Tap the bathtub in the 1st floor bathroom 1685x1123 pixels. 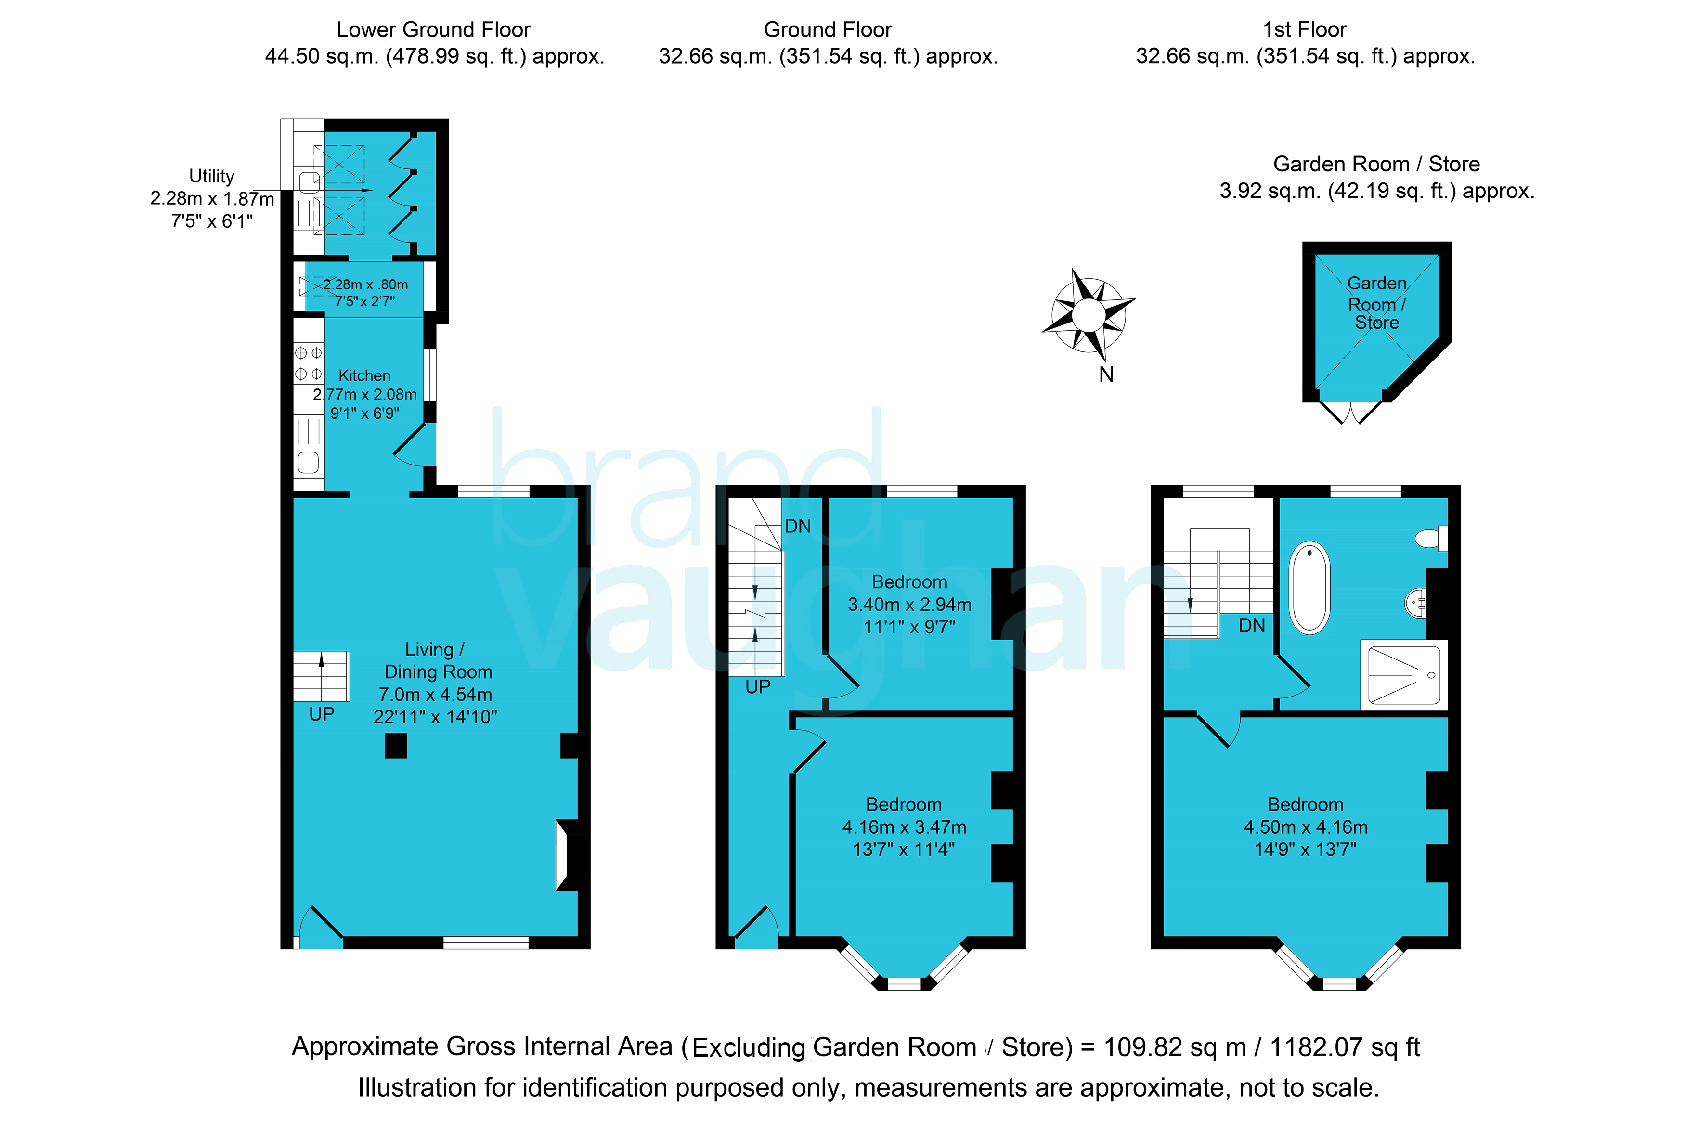(1309, 587)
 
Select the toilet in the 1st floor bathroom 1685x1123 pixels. (1431, 538)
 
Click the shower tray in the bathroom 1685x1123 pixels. (1403, 675)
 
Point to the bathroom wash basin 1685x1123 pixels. (1415, 602)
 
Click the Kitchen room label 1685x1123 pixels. (364, 375)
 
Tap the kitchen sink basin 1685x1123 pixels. (308, 463)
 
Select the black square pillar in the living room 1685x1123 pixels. (396, 746)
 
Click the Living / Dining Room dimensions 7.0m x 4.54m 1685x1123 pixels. (435, 694)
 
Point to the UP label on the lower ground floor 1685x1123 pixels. (322, 714)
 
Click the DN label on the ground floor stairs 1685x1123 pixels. (798, 527)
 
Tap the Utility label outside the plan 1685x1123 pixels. (211, 176)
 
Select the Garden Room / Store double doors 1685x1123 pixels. (1350, 413)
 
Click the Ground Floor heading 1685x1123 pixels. (828, 29)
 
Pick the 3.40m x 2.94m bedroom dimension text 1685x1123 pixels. (909, 605)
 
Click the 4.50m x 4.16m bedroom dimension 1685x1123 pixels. (1306, 827)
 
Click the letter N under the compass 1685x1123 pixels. (1106, 374)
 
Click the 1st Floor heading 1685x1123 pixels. (1305, 29)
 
